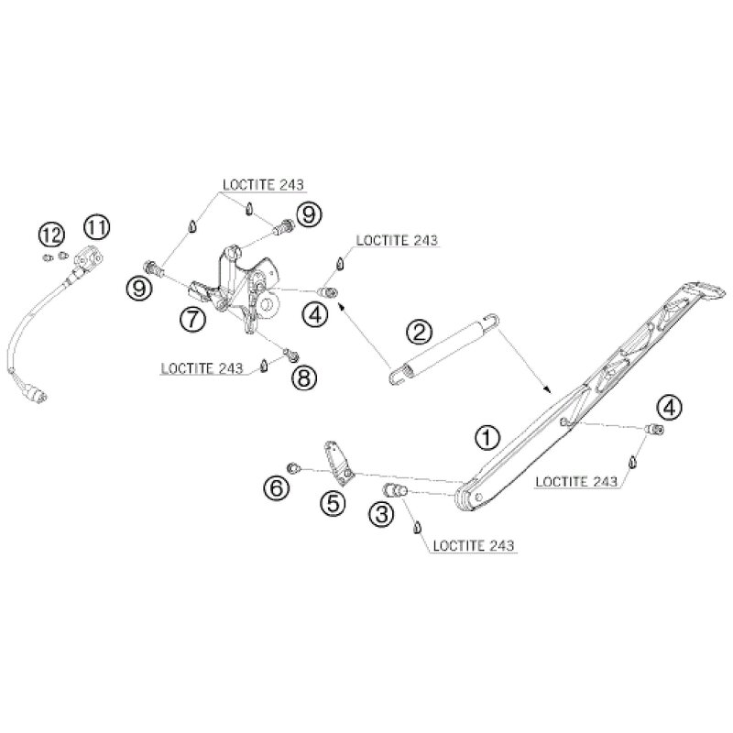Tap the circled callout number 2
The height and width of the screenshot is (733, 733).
[x=419, y=330]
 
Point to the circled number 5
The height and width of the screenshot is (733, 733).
[x=332, y=502]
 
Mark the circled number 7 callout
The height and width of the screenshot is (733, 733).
[x=192, y=319]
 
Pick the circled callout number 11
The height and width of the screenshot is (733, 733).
[x=97, y=224]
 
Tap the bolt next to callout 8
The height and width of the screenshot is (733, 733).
[x=291, y=352]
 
